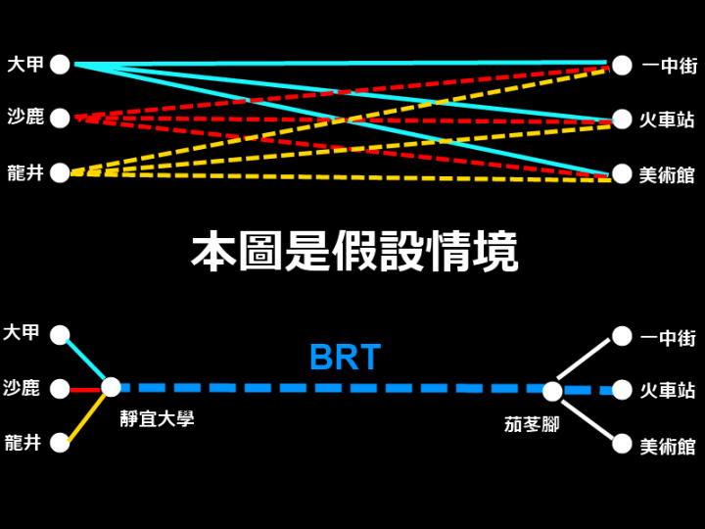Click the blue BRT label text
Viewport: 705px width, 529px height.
(346, 358)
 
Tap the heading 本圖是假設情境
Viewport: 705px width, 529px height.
(354, 251)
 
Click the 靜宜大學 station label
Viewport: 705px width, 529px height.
(157, 418)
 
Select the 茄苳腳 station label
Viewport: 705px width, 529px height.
(532, 424)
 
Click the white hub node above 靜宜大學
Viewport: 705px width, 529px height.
(111, 388)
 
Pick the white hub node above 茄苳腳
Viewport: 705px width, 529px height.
(552, 391)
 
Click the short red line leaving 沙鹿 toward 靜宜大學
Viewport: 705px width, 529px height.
(85, 390)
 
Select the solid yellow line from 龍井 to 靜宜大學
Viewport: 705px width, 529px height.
(86, 417)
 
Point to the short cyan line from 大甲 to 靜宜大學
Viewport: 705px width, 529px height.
(85, 360)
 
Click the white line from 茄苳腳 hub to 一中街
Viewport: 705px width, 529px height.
(584, 359)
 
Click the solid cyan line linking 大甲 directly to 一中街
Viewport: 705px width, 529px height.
(341, 64)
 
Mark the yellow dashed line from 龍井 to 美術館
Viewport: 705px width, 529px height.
(341, 176)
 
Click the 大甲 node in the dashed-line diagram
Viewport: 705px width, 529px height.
(60, 65)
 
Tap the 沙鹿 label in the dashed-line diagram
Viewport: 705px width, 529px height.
(25, 117)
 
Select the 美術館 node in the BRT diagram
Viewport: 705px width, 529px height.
(622, 445)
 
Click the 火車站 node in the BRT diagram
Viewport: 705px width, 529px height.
(622, 390)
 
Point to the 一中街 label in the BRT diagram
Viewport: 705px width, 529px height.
(668, 338)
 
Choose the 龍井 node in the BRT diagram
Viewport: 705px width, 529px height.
(60, 443)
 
